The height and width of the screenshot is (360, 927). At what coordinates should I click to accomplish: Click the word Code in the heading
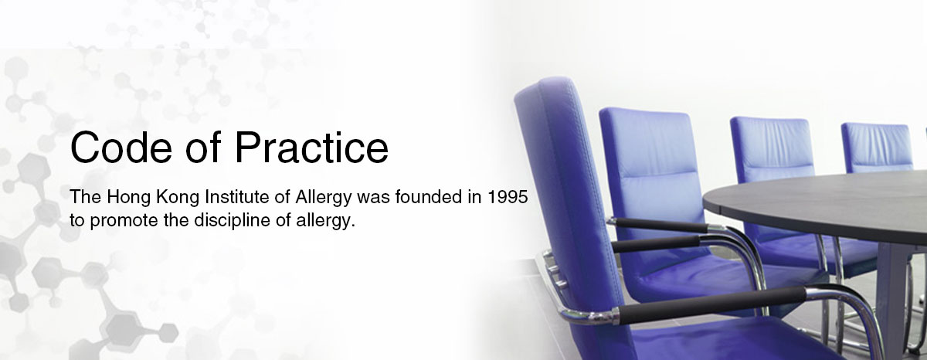[x=121, y=148]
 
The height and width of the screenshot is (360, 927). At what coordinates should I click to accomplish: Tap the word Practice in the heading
[x=312, y=148]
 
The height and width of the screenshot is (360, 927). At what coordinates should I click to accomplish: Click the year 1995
[x=508, y=197]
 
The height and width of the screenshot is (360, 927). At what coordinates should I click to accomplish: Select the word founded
[x=428, y=197]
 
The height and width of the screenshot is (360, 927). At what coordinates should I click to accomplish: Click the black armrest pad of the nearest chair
[x=711, y=305]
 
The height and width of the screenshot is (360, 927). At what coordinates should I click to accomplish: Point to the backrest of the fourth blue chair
[x=878, y=148]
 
